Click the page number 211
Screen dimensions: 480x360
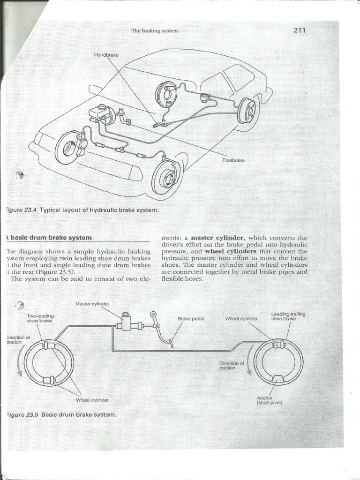coord(299,30)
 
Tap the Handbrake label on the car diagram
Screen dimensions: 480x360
coord(106,55)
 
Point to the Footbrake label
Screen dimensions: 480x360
coord(233,160)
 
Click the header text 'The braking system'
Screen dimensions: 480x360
coord(155,31)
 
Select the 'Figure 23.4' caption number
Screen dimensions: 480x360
coord(22,210)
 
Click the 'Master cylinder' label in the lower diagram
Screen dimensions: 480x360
coord(92,304)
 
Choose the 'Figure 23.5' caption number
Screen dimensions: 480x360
coord(22,414)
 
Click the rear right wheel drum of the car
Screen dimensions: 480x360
coord(247,111)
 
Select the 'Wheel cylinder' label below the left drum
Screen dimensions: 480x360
coord(92,400)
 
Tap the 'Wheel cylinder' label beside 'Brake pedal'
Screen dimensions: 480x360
coord(241,319)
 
